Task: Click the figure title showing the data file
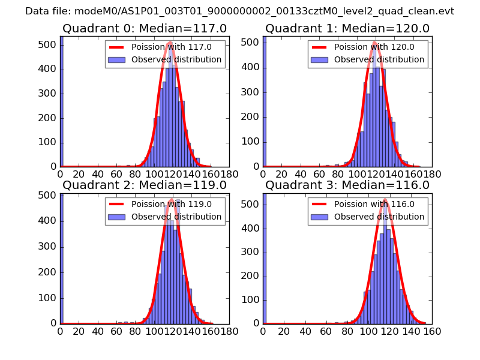[239, 11]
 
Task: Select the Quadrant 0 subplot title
[144, 28]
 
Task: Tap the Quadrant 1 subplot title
[347, 28]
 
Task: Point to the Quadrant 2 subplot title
[144, 185]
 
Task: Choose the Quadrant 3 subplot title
[347, 185]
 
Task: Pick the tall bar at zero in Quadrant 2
[61, 258]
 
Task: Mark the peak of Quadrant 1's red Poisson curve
[374, 42]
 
